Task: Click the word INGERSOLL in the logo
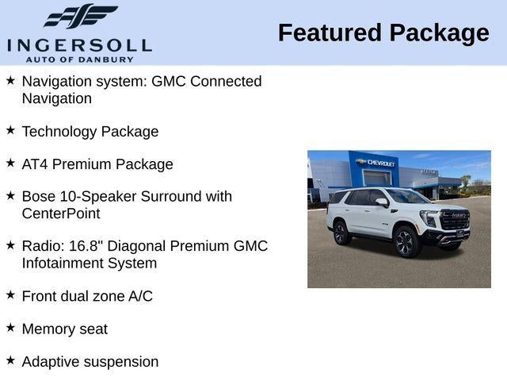point(79,44)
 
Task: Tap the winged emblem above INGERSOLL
point(80,17)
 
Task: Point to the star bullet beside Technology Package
point(10,129)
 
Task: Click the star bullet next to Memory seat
point(10,326)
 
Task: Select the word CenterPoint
point(61,214)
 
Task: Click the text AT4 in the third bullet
point(36,164)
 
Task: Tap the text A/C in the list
point(140,296)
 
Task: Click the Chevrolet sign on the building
point(375,162)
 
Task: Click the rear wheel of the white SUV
point(341,232)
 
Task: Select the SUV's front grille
point(455,220)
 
